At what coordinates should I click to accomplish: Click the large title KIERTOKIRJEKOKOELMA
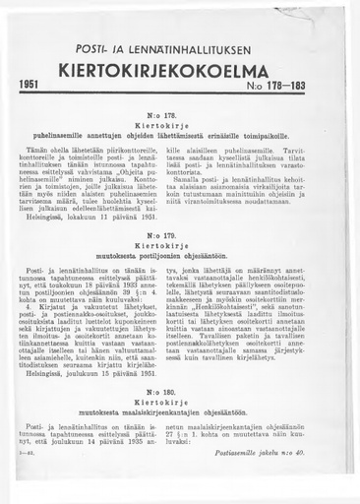coord(180,72)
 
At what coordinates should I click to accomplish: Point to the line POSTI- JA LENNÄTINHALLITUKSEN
coord(179,50)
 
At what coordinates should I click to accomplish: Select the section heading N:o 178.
coord(180,116)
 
